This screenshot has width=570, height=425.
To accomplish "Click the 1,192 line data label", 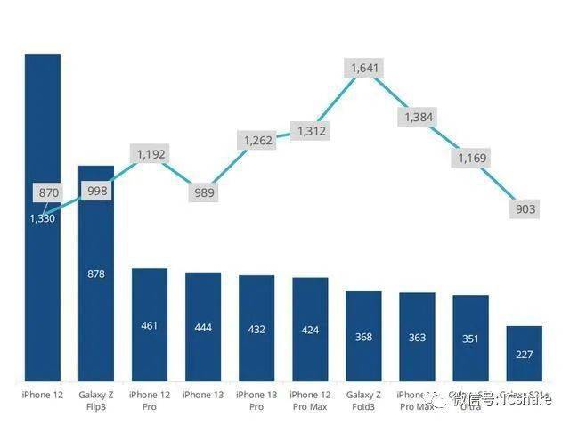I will pos(151,154).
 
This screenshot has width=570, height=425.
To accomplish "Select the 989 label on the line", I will pos(204,192).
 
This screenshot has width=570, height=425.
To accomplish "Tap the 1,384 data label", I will pos(419,117).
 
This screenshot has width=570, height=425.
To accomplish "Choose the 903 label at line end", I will pos(525,209).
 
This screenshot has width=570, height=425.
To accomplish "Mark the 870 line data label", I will pos(47,192).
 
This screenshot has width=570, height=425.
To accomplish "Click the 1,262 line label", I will pos(257,140).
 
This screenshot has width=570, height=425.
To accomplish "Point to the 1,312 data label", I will pos(312,131).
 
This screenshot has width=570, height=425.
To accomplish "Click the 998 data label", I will pos(96,192).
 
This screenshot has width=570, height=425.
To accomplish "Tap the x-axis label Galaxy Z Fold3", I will pos(363,400).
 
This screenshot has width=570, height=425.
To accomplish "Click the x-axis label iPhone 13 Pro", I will pos(256,400).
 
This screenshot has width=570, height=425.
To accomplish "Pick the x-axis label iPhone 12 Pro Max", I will pos(310,400).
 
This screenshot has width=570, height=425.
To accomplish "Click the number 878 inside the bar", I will pos(96,274).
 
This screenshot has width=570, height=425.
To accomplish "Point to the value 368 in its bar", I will pos(363,336).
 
